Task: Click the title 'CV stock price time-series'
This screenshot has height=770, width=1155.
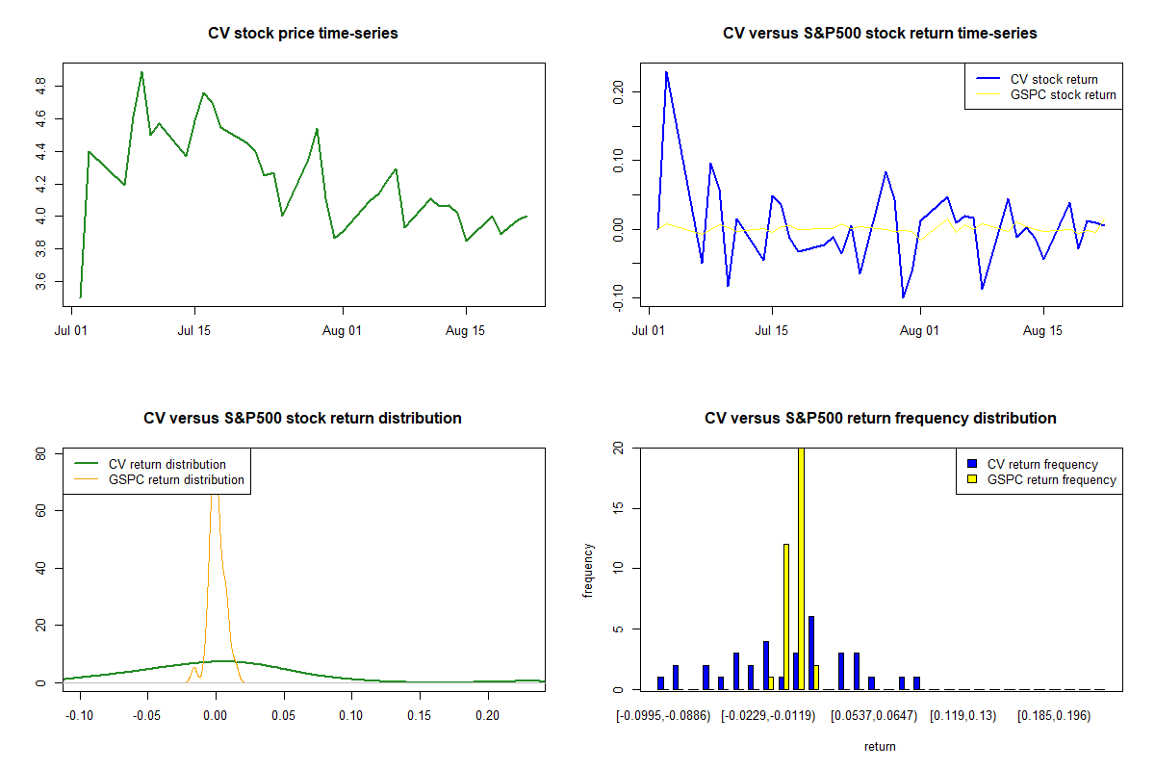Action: (x=302, y=33)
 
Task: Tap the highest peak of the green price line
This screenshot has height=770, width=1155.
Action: (x=141, y=73)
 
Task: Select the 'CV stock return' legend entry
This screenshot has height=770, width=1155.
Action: (x=1037, y=79)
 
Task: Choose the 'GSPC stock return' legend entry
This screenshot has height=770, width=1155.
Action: (x=1045, y=95)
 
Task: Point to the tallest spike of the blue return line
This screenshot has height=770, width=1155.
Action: (x=666, y=73)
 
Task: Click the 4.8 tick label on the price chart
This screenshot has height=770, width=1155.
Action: (x=40, y=86)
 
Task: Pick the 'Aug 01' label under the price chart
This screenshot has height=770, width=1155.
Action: (x=342, y=330)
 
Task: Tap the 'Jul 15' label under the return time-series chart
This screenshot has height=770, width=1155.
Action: (x=771, y=330)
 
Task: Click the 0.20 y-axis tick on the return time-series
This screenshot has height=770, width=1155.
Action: (x=618, y=91)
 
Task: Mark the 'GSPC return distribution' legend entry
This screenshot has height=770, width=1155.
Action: (x=160, y=479)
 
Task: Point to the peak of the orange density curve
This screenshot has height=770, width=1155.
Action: (x=215, y=495)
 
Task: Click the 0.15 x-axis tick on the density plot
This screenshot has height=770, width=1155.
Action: (x=420, y=716)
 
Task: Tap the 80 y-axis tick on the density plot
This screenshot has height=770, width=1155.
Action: (x=40, y=454)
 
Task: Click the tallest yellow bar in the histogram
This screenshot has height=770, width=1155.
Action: (x=801, y=568)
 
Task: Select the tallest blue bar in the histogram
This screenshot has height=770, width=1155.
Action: (x=811, y=653)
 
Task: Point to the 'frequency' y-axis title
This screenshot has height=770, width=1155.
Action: (x=588, y=571)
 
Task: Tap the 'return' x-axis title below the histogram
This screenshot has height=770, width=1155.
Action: (x=880, y=746)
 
